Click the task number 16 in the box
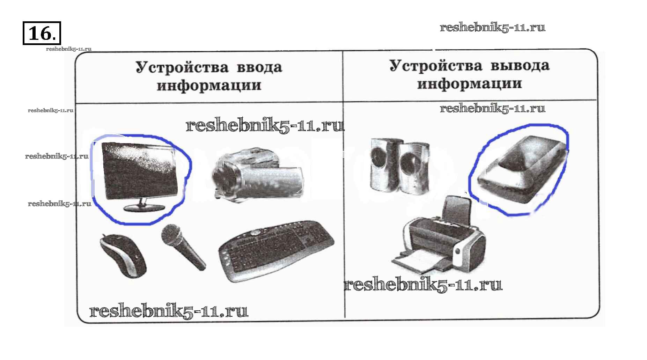[41, 34]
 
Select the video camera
[257, 174]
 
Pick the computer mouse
[123, 255]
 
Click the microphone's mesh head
[171, 234]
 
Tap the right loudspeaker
[414, 168]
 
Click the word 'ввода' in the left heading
[259, 67]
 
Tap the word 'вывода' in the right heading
[520, 66]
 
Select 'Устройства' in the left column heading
[182, 67]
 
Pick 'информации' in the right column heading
[470, 84]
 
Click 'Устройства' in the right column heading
[436, 65]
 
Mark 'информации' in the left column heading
[209, 86]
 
